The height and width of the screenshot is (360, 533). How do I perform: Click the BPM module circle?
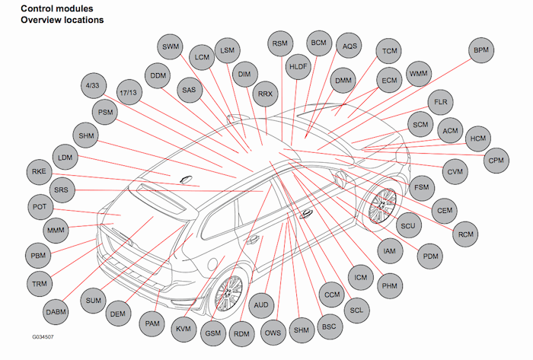(x=481, y=50)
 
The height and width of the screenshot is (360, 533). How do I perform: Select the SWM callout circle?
(x=171, y=47)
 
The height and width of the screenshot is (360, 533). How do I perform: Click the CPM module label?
(x=496, y=161)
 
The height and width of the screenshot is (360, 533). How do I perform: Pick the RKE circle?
(x=40, y=171)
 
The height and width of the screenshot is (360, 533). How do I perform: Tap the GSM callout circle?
(x=212, y=333)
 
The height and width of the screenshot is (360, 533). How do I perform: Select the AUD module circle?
(x=261, y=304)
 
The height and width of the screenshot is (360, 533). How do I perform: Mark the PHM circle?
(x=389, y=285)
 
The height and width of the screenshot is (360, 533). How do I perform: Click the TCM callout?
(x=390, y=51)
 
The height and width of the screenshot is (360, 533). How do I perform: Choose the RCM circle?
(x=465, y=234)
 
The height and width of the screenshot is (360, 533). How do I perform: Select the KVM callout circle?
(x=183, y=328)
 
